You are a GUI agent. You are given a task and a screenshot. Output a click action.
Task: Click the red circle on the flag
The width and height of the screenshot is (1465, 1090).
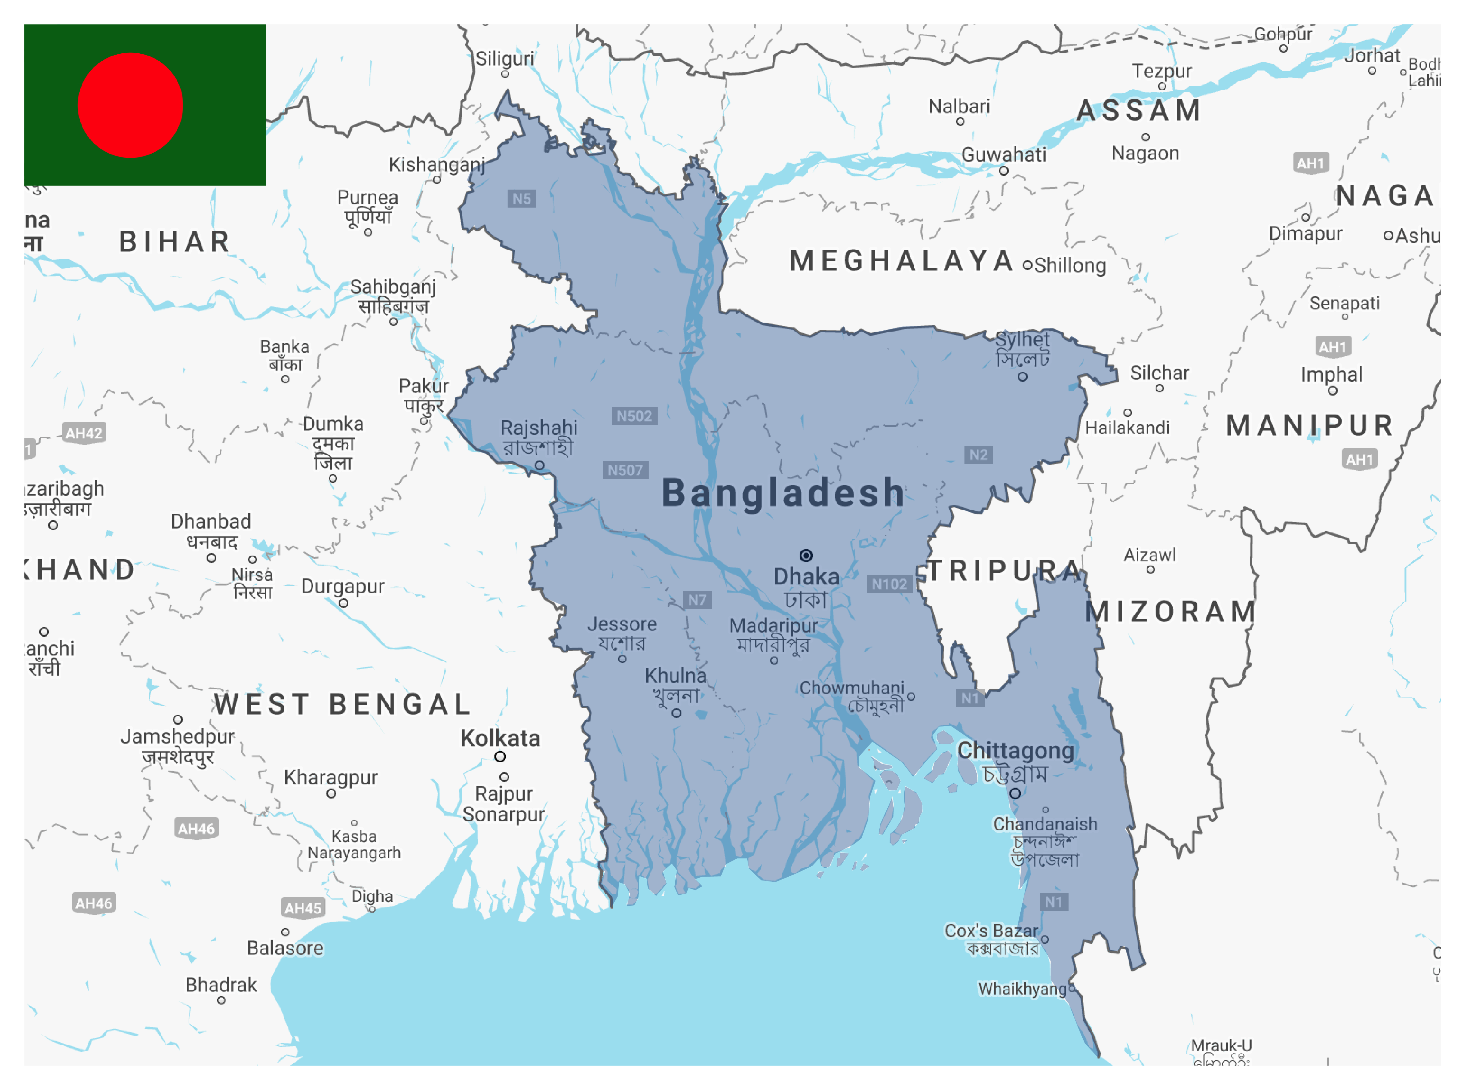point(130,106)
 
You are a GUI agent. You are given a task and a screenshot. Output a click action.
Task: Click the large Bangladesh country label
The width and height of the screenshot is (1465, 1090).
point(783,493)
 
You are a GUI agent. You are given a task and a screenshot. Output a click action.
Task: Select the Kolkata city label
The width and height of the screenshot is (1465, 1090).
point(500,738)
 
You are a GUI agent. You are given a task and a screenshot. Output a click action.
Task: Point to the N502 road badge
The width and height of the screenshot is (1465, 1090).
point(634,416)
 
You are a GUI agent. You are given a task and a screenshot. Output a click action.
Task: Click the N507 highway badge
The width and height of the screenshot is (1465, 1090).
point(625,470)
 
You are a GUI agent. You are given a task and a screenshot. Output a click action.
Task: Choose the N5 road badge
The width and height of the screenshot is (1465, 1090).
point(521,199)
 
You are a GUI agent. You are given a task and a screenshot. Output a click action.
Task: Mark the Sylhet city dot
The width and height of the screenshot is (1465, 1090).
point(1022,377)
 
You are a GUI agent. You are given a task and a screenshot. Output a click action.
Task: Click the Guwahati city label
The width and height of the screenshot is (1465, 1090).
point(1003,154)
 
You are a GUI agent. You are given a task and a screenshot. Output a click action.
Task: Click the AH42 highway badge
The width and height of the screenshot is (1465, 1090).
point(84,433)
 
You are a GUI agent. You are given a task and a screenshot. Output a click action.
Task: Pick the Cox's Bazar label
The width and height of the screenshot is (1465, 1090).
point(991,931)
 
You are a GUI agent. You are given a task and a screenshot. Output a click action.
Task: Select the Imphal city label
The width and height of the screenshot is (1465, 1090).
point(1331,375)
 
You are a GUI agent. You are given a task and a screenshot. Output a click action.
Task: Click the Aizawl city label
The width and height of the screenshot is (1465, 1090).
point(1149,555)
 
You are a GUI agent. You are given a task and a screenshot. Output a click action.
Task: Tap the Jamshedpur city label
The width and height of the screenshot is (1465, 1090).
point(177,736)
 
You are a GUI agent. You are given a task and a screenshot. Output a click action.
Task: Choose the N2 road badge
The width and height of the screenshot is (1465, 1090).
point(978,455)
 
